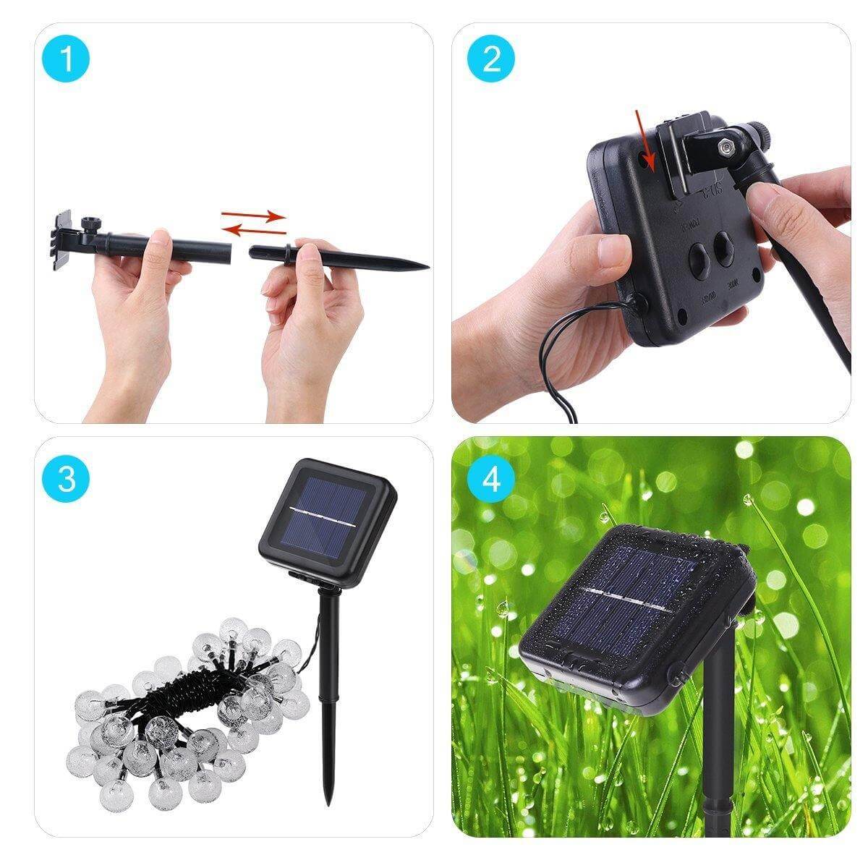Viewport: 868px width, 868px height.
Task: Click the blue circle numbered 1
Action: tap(67, 59)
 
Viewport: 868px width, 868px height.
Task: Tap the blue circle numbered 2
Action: tap(491, 59)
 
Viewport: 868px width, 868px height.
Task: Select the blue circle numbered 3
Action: tap(67, 479)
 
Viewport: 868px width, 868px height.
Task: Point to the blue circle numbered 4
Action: tap(491, 479)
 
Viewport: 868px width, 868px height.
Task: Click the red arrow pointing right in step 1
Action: tap(254, 215)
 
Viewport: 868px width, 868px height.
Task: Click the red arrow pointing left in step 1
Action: tap(254, 231)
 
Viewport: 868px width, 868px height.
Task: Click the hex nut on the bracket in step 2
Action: tap(724, 148)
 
